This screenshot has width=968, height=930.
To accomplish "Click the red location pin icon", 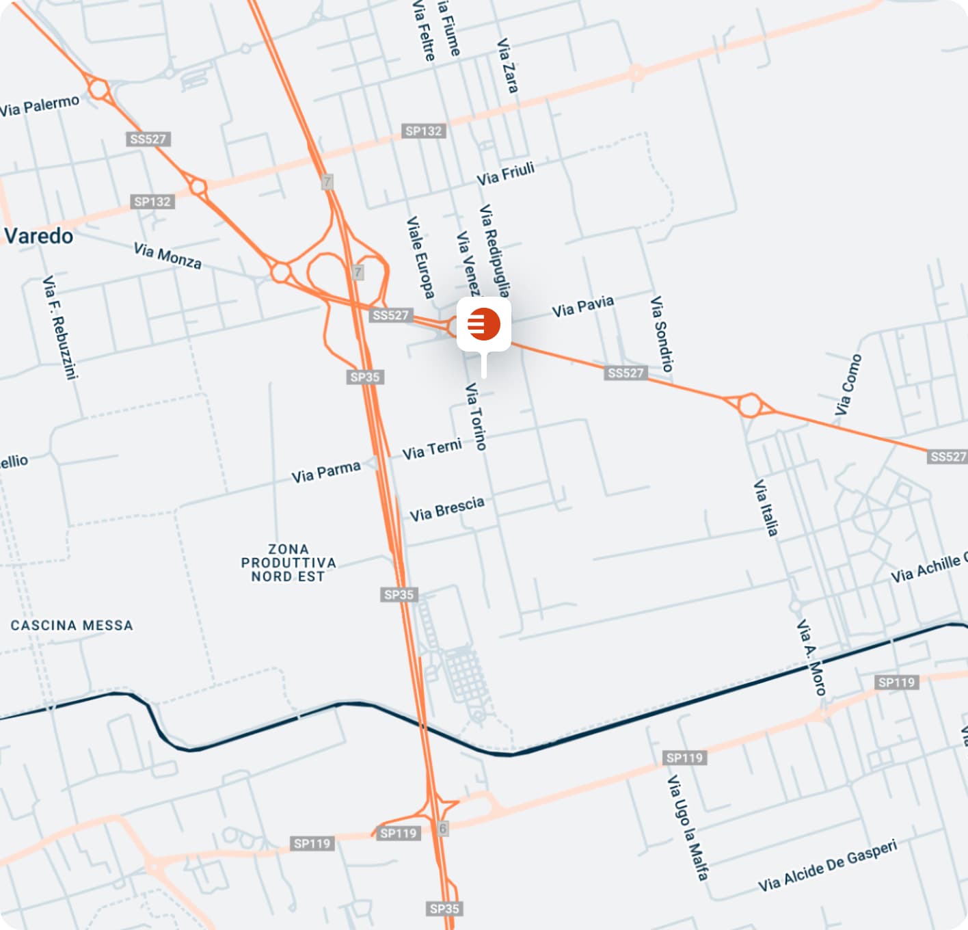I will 484,324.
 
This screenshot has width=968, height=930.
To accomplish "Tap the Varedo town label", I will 38,237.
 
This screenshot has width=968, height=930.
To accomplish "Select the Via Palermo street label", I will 40,106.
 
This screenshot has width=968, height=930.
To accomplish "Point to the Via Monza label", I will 167,256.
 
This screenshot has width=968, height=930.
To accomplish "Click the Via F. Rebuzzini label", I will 60,327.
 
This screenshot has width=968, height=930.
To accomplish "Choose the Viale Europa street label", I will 420,258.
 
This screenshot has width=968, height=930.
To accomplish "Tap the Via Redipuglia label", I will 495,250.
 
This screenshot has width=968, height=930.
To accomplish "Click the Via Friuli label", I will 505,174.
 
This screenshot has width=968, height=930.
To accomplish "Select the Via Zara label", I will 507,66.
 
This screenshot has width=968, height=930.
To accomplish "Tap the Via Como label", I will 848,385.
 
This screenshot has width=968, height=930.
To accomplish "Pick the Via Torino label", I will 476,416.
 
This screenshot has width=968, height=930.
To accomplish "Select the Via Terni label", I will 431,450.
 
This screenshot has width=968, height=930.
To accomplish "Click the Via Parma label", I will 325,472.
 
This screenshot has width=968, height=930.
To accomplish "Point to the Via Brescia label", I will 447,509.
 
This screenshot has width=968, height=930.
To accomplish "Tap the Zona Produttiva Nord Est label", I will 288,563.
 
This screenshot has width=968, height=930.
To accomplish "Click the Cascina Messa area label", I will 72,625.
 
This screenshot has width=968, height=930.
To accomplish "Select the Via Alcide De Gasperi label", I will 827,866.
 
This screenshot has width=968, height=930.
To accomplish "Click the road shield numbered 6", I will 442,828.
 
